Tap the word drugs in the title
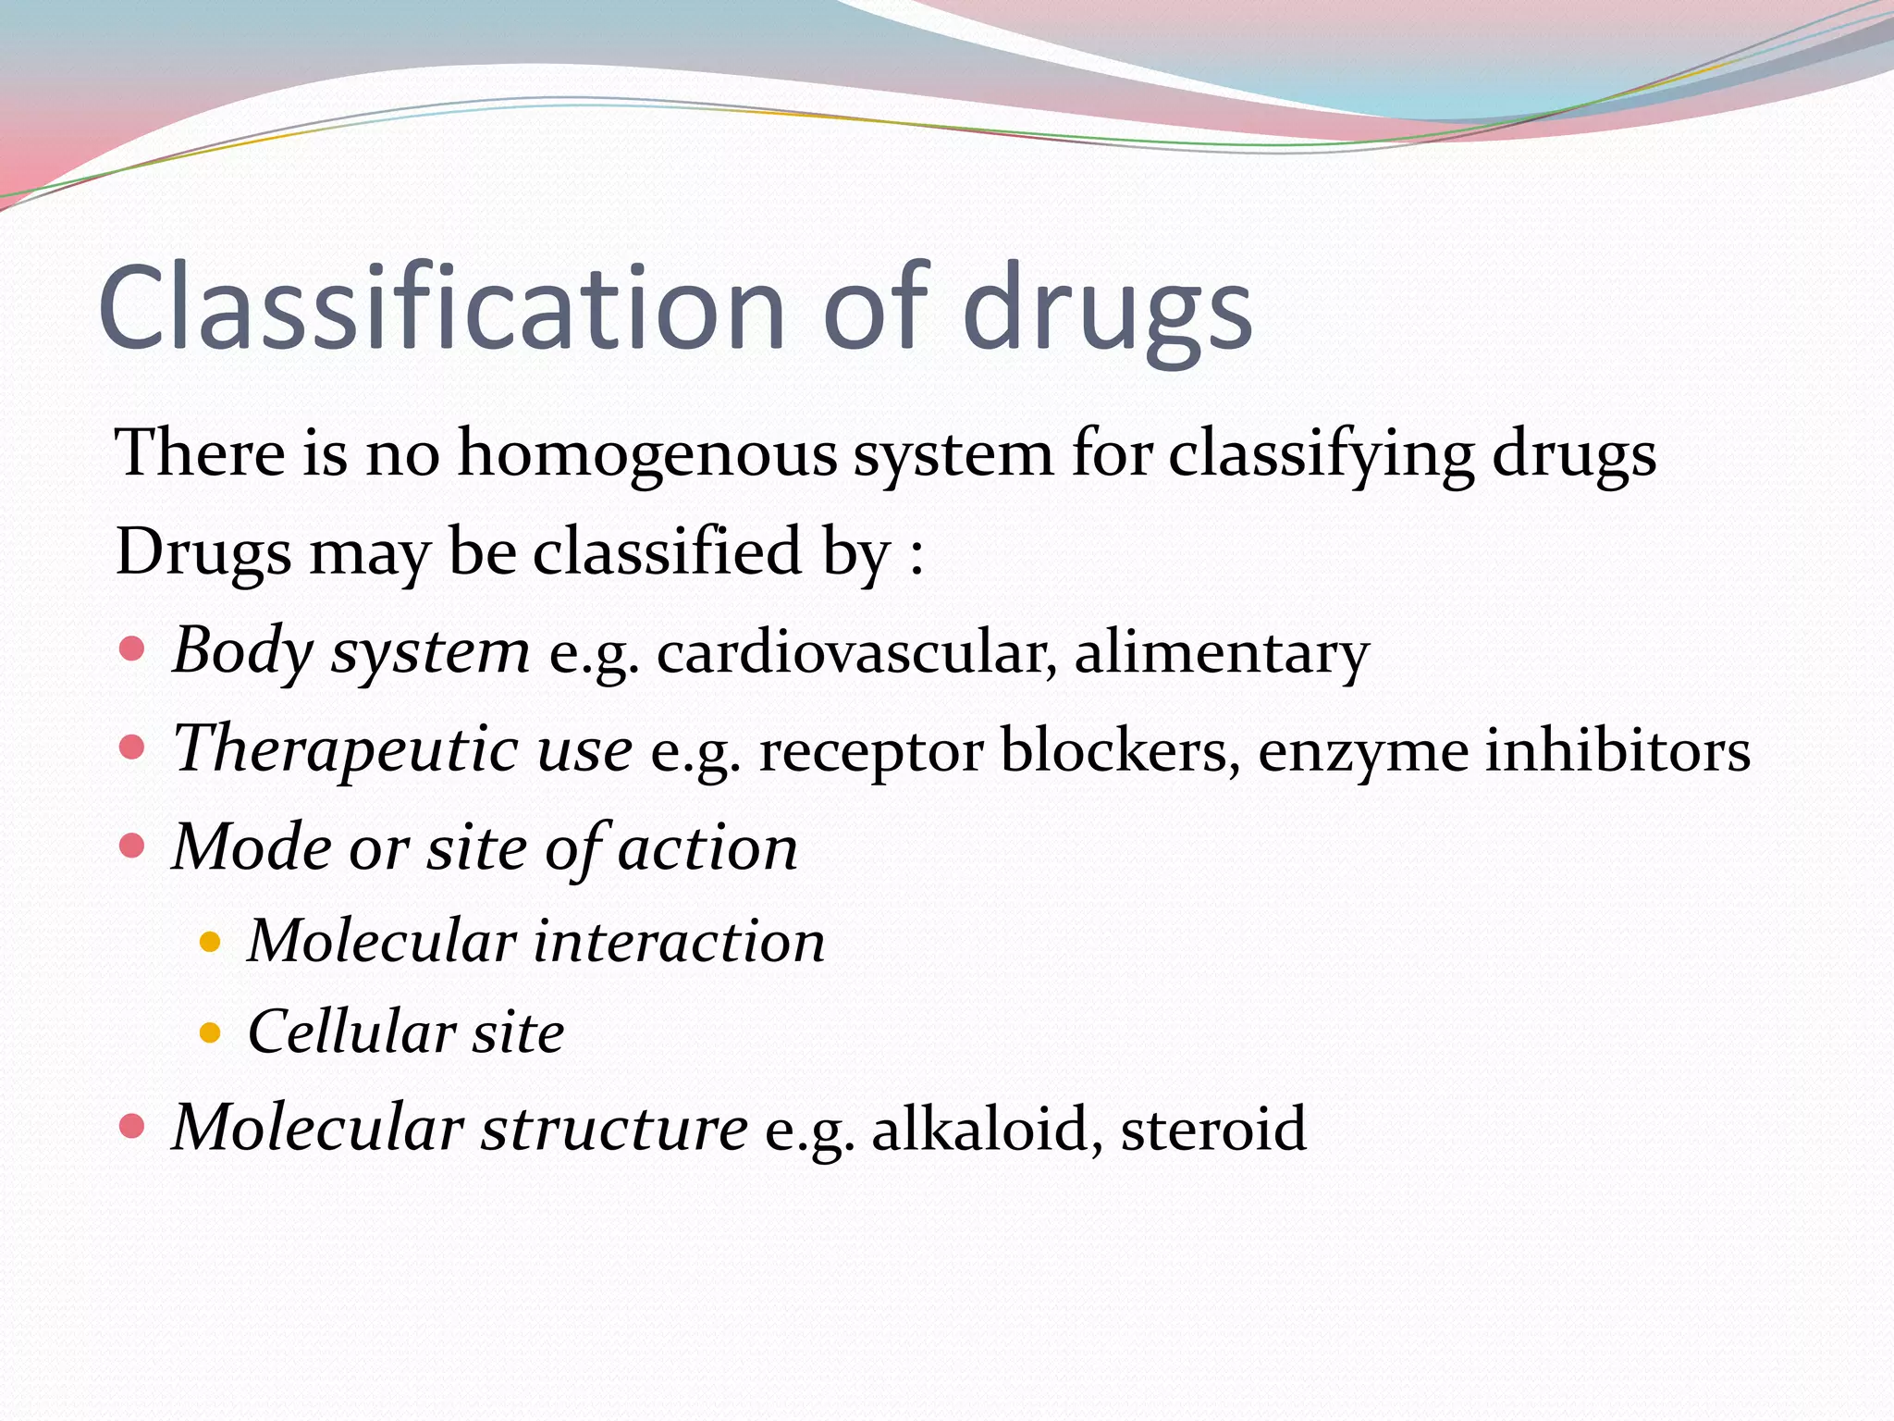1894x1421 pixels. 1107,310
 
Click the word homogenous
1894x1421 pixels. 646,455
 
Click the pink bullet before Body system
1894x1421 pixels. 132,649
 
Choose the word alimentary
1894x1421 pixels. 1221,652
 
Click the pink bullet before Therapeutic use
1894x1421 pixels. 132,747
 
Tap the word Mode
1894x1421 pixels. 252,847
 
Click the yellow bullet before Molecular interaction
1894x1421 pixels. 210,942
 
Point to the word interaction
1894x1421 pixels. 679,942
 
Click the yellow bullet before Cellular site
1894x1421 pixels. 210,1032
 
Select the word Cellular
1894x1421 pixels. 351,1032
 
